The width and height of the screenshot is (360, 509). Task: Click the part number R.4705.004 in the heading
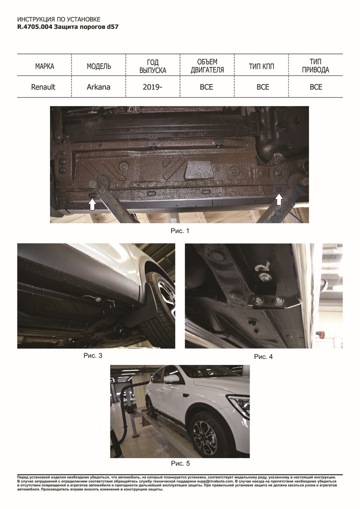pos(35,27)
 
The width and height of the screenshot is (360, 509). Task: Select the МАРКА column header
pos(45,66)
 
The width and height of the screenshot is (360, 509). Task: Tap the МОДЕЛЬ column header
pos(99,66)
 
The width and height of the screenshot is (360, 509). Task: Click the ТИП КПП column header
pos(262,66)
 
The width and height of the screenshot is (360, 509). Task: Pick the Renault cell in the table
pos(43,87)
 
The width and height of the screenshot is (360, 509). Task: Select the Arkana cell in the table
pos(98,87)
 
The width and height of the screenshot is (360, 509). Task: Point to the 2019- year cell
pos(152,87)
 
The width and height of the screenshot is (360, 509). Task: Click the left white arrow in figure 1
pos(92,204)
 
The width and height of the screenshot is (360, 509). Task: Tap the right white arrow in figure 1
pos(279,199)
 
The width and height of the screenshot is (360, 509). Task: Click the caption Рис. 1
pos(180,231)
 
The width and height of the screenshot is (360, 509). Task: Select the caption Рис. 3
pos(93,355)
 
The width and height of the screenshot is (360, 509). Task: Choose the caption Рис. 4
pos(263,357)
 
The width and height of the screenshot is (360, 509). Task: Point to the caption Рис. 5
pos(180,464)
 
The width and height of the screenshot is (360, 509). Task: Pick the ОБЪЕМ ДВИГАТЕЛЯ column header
pos(207,66)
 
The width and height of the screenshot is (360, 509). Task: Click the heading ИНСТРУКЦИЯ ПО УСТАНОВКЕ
pos(59,20)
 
